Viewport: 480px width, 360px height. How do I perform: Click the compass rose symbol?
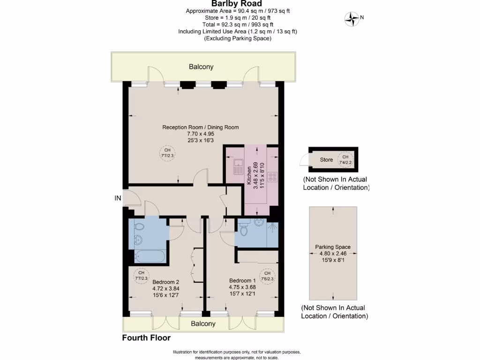[x=351, y=19]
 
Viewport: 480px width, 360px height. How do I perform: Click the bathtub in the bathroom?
[x=149, y=256]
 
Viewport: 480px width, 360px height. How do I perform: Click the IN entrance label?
[x=118, y=198]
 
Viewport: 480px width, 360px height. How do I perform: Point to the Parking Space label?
[x=332, y=247]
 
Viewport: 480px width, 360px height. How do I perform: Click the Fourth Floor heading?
[x=146, y=337]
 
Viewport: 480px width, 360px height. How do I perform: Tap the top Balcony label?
[x=201, y=67]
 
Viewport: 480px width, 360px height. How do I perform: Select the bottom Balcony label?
[x=203, y=323]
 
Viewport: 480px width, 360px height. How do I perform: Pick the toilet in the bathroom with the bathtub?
[x=139, y=227]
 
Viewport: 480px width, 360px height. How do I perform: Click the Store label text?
[x=326, y=160]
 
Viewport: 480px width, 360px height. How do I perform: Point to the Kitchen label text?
[x=249, y=176]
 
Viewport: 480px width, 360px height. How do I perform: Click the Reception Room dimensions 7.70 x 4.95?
[x=200, y=134]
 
